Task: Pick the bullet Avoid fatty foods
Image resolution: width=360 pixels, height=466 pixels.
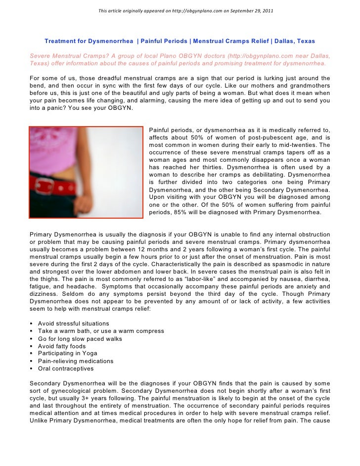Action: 62,346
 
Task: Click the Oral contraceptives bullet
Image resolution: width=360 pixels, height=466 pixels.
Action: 65,369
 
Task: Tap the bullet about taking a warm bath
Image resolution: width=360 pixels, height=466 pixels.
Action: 101,331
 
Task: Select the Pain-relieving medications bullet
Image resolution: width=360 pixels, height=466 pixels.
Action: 76,361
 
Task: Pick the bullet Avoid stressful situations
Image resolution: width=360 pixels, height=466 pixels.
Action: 73,324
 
